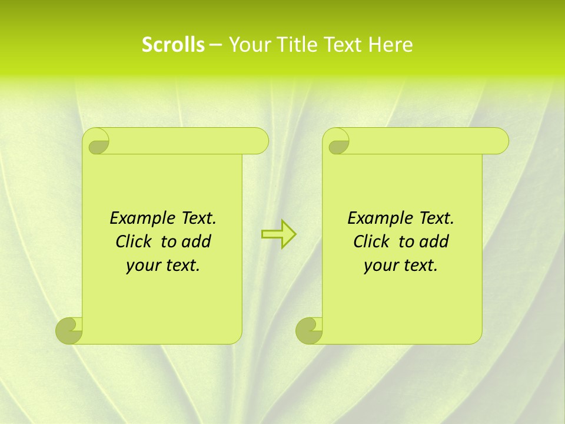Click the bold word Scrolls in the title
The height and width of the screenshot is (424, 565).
click(x=173, y=45)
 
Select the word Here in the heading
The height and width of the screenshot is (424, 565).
click(x=391, y=45)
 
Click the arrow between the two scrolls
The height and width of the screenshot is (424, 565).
click(x=278, y=234)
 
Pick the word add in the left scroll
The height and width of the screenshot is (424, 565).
click(x=196, y=241)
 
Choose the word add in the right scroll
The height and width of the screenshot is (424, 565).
click(x=434, y=241)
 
